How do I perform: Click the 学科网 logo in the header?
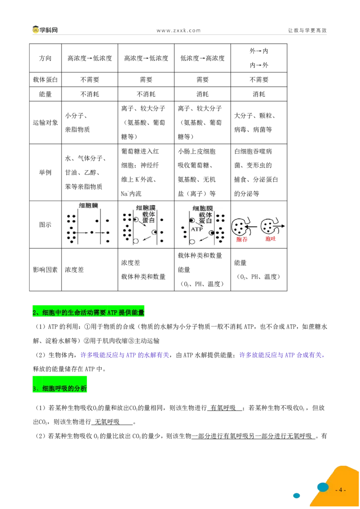[45, 30]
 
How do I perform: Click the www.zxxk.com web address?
[178, 31]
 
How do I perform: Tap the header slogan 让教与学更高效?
[307, 30]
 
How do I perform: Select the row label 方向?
[45, 58]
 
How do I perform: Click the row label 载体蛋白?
[45, 80]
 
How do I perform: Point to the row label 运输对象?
[45, 123]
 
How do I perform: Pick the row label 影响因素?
[45, 270]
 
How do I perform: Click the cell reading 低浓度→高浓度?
[202, 58]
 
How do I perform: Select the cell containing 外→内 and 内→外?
[259, 58]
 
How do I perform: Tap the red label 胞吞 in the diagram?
[242, 239]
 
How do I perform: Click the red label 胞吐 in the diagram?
[270, 239]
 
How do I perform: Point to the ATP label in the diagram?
[197, 229]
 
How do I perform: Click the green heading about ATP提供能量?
[88, 313]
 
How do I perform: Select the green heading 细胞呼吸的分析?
[60, 388]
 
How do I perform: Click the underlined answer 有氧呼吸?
[223, 408]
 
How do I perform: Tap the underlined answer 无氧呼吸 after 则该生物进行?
[107, 422]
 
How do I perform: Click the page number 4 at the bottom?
[340, 490]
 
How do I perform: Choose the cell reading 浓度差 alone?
[74, 270]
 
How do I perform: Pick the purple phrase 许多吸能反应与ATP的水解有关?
[125, 355]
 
